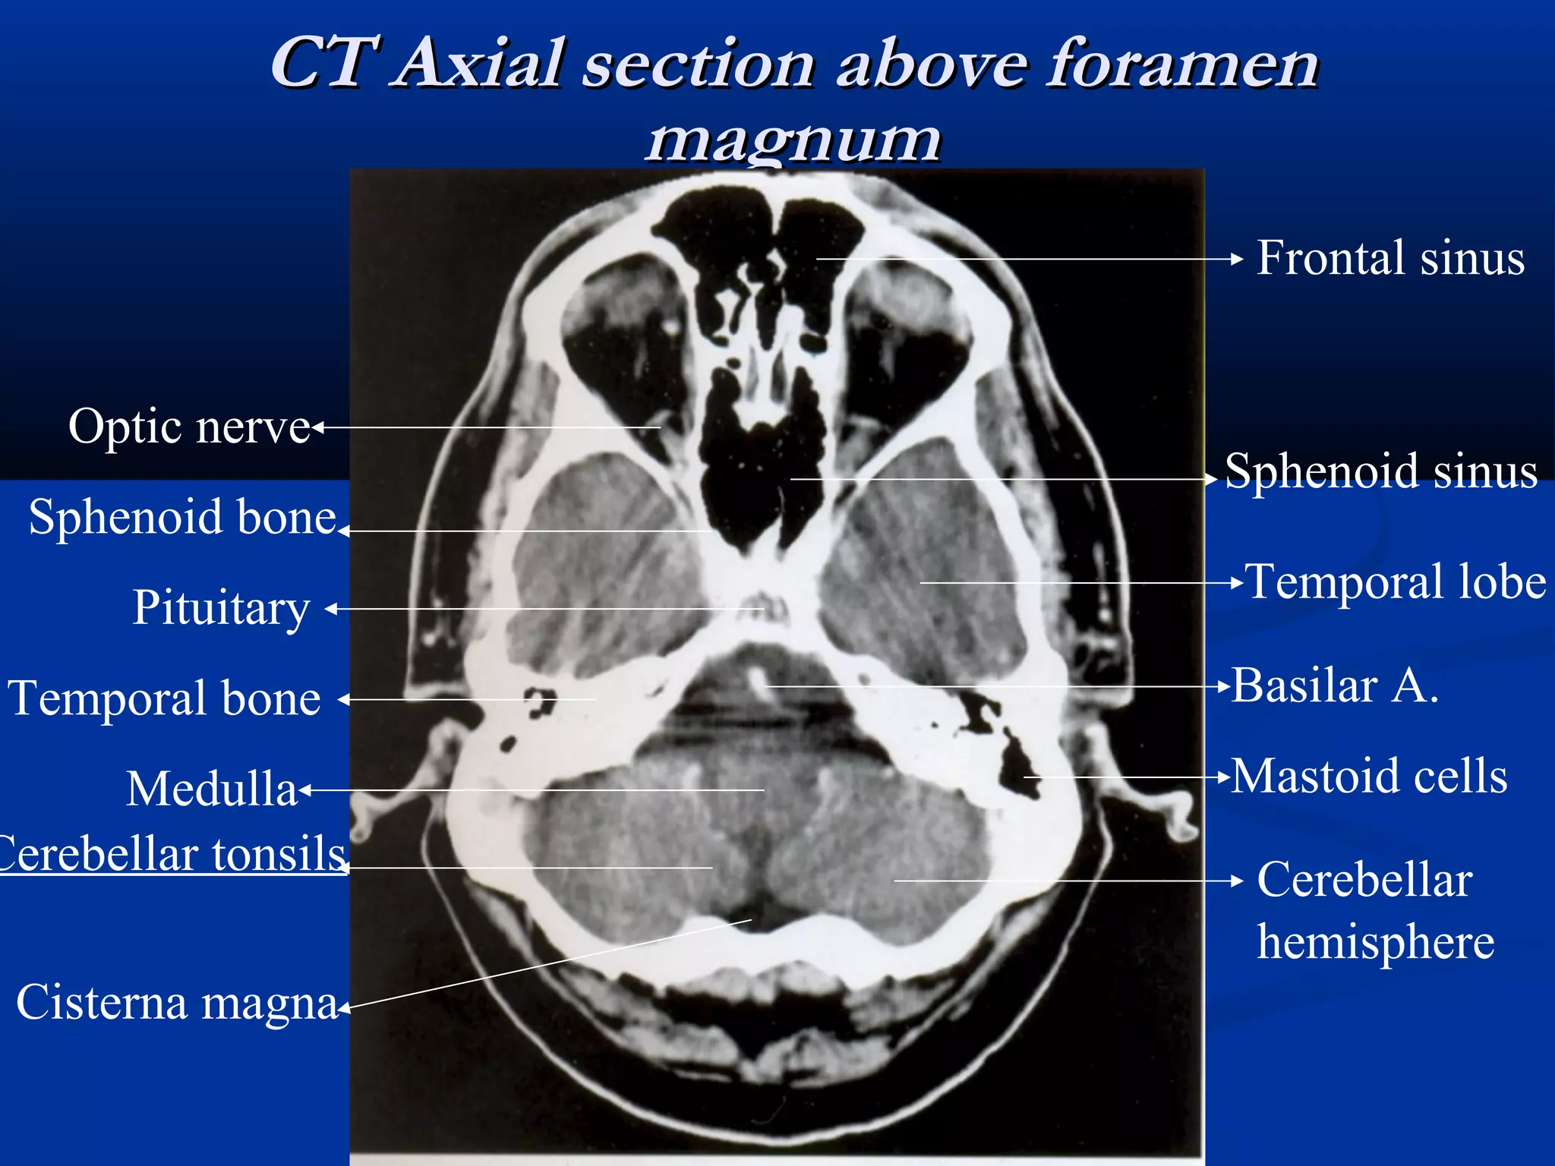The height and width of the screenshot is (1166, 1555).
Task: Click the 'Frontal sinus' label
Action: pyautogui.click(x=1390, y=258)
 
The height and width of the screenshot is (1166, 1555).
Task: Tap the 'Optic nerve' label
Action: pyautogui.click(x=189, y=427)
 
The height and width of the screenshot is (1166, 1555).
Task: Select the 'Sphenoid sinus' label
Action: pyautogui.click(x=1381, y=471)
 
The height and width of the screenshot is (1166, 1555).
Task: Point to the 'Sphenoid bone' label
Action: pyautogui.click(x=182, y=518)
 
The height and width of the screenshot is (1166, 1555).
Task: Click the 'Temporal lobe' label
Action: pyautogui.click(x=1396, y=582)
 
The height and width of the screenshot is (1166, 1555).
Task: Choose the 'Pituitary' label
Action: pyautogui.click(x=221, y=608)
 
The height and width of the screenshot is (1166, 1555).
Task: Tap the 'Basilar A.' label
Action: pyautogui.click(x=1335, y=686)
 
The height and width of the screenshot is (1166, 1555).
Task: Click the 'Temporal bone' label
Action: pyautogui.click(x=165, y=698)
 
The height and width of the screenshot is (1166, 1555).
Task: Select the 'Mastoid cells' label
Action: pyautogui.click(x=1369, y=777)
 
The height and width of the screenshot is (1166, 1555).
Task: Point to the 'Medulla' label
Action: pyautogui.click(x=212, y=789)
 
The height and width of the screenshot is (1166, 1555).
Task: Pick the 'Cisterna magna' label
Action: pyautogui.click(x=177, y=1003)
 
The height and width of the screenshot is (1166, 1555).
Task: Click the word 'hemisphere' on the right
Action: pyautogui.click(x=1375, y=942)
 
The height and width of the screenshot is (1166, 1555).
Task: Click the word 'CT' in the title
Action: pyautogui.click(x=323, y=62)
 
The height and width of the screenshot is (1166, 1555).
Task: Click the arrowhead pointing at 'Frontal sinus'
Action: pyautogui.click(x=1236, y=259)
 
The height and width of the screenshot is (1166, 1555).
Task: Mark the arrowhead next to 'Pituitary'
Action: pyautogui.click(x=332, y=609)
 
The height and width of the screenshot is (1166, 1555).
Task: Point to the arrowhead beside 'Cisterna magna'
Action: pyautogui.click(x=344, y=1009)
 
